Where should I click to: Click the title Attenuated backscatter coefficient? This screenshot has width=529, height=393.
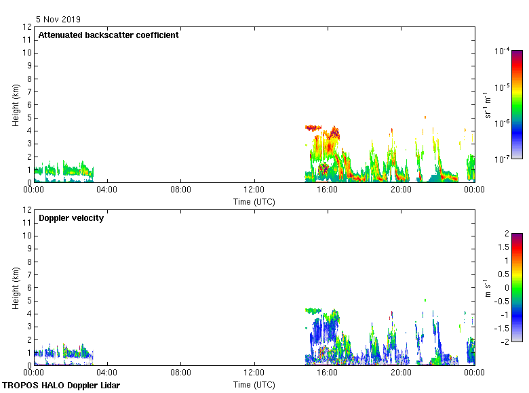point(109,35)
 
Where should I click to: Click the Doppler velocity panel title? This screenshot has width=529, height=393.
point(71,218)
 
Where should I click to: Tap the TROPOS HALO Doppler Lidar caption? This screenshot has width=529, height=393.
point(61,386)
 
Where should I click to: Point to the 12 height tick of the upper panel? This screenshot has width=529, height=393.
point(26,27)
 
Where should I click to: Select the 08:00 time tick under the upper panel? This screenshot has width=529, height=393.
point(180,190)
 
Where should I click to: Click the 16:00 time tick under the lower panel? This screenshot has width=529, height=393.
point(328,373)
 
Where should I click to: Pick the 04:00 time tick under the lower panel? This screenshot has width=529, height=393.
point(107,373)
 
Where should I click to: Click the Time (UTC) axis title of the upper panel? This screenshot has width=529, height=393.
point(254,201)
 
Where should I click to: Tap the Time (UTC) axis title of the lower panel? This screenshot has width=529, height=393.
point(254,385)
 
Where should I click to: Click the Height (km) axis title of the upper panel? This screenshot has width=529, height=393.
point(15,105)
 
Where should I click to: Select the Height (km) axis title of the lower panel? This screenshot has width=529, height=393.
point(15,288)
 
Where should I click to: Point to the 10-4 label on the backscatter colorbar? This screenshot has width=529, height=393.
point(503,51)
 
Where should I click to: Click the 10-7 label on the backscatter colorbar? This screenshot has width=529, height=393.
point(503,159)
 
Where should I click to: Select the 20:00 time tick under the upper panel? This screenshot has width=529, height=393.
point(401,190)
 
